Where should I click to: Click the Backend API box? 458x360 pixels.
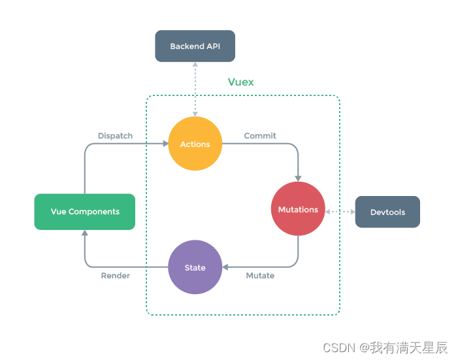(195, 46)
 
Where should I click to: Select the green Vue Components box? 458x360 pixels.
(85, 212)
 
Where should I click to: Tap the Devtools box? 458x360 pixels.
(387, 212)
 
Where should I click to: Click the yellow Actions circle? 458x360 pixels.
(195, 144)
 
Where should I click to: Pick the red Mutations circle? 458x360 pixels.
(298, 209)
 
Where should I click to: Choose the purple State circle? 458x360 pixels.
(195, 267)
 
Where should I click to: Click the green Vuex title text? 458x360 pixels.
(240, 82)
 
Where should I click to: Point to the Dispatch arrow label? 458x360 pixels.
(115, 136)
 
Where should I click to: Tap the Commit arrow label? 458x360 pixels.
(260, 136)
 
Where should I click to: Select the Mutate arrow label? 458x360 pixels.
(260, 276)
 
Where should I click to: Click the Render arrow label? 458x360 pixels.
(115, 276)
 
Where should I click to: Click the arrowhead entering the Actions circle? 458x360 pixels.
(164, 144)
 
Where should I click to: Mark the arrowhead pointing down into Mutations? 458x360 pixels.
(299, 178)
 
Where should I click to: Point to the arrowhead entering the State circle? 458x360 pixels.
(226, 267)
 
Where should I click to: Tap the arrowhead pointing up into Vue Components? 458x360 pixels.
(85, 234)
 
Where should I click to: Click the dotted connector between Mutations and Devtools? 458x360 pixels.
(340, 212)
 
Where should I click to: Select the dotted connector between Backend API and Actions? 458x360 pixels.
(195, 89)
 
